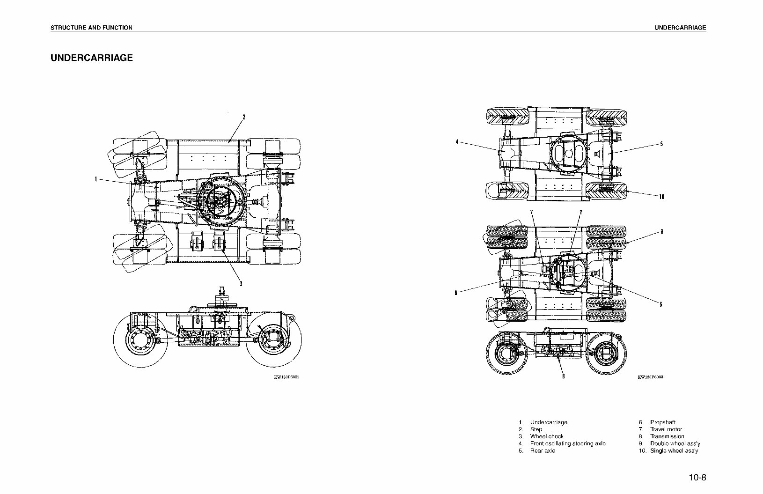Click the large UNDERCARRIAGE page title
tap(92, 58)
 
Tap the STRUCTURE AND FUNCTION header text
tap(91, 28)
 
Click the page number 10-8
tap(697, 478)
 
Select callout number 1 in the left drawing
tap(95, 179)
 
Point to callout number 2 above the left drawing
tap(243, 117)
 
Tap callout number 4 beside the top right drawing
tap(457, 142)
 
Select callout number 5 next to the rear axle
tap(661, 144)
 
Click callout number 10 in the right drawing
tap(661, 197)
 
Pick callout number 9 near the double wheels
tap(661, 231)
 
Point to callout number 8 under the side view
tap(563, 376)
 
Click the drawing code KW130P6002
tap(286, 376)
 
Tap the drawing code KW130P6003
tap(651, 376)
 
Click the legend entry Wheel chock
tap(547, 436)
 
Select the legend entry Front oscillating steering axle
tap(567, 443)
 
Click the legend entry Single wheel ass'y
tap(674, 450)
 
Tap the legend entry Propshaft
tap(662, 422)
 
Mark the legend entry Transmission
tap(667, 436)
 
